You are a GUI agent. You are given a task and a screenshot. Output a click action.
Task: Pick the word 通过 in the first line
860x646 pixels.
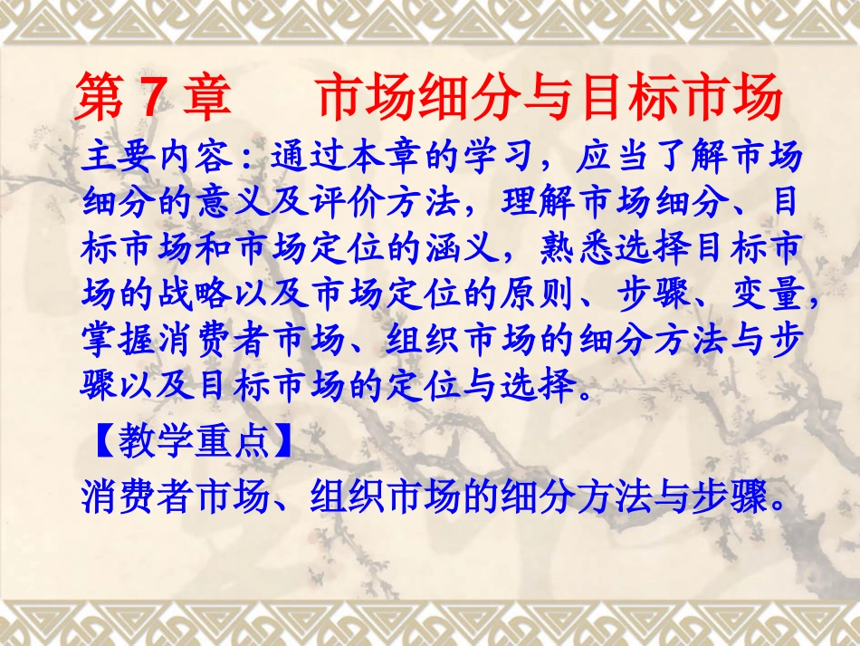tap(309, 158)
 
